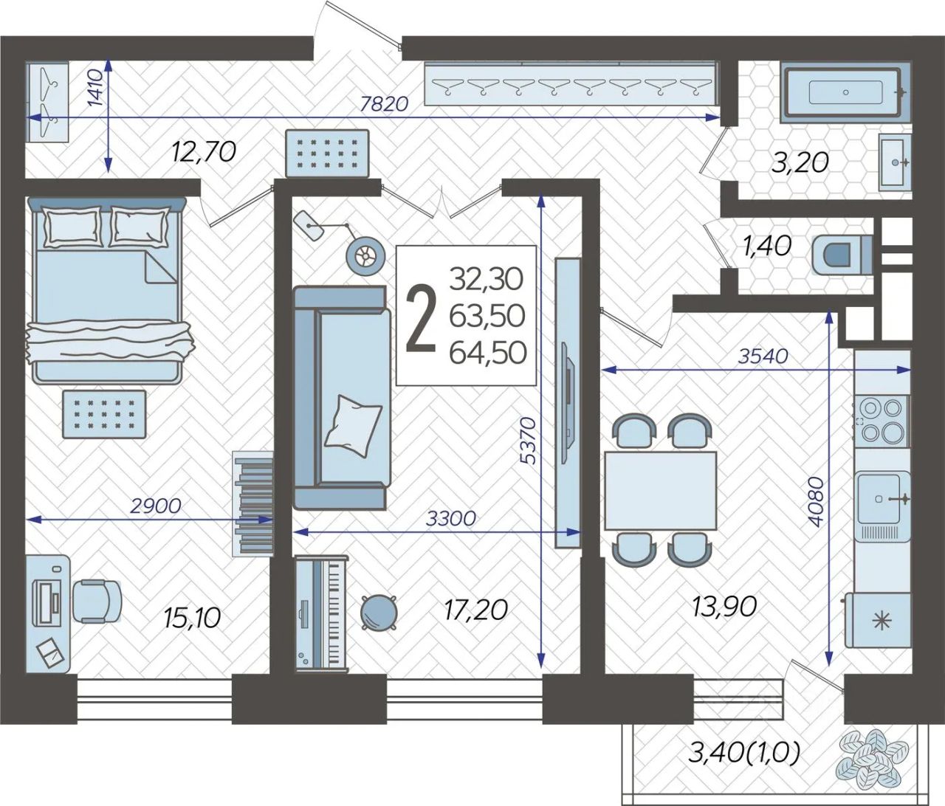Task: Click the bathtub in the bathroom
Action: click(845, 94)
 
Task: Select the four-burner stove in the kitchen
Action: click(881, 420)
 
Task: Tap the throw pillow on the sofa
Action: click(353, 425)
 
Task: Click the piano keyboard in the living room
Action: click(322, 613)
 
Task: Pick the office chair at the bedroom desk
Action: click(97, 601)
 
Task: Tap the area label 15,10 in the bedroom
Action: click(192, 619)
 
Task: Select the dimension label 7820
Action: click(384, 105)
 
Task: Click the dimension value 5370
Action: click(530, 441)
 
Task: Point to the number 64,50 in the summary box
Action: click(487, 353)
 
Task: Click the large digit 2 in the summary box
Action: click(421, 319)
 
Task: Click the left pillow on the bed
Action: click(72, 226)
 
